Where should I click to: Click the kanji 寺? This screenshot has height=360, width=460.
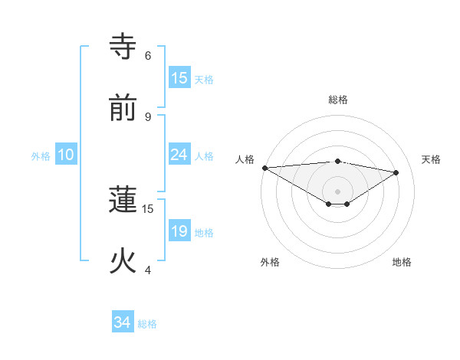pos(123,45)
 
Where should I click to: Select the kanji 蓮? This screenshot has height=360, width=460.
pos(123,199)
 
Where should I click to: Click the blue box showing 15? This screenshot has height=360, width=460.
pos(179,78)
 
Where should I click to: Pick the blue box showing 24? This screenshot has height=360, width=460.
pos(179,155)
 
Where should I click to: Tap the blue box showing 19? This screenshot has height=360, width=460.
pos(179,232)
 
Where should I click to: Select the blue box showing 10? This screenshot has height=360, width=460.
pos(66,155)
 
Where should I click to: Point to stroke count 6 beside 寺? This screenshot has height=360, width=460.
pos(148,55)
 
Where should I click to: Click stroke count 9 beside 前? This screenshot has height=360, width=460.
pos(148,116)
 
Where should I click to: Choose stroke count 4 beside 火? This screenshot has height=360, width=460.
pos(148,270)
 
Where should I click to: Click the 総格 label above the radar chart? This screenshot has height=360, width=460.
pos(338,100)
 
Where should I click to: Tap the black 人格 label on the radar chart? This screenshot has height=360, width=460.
pos(245,159)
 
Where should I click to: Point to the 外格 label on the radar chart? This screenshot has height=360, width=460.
pos(270,262)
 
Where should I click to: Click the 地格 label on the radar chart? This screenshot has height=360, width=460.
pos(402,262)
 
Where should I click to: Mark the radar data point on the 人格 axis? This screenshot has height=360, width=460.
pos(264,168)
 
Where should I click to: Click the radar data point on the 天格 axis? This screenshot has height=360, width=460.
pos(396,172)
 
